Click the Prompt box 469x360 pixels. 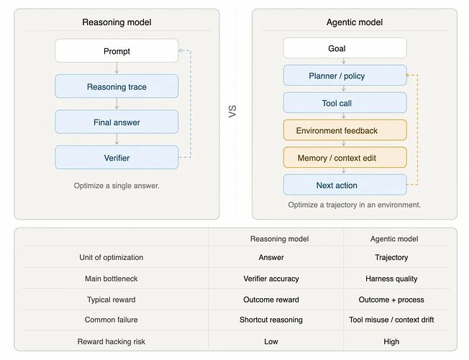[x=117, y=50]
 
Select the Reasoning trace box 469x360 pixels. [x=117, y=86]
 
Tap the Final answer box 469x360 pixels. [x=117, y=122]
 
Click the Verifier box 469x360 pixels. [x=117, y=158]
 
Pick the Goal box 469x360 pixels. [x=345, y=48]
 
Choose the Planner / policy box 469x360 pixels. [x=345, y=76]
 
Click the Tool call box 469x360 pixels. [x=345, y=103]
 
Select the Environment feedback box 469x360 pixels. [x=345, y=130]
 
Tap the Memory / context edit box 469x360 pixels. [x=345, y=158]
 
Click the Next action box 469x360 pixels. [x=345, y=185]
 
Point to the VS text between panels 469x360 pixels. [x=232, y=111]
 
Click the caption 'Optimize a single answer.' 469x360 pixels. [x=117, y=186]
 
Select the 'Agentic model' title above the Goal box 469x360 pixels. [x=355, y=22]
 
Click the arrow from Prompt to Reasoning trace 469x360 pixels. [x=117, y=68]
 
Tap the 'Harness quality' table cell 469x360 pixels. [x=391, y=279]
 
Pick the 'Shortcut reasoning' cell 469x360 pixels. [x=271, y=320]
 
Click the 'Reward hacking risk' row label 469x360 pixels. [x=111, y=341]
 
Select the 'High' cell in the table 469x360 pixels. [x=391, y=341]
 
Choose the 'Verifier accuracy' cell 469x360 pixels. [x=271, y=279]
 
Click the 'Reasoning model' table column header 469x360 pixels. [x=279, y=239]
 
